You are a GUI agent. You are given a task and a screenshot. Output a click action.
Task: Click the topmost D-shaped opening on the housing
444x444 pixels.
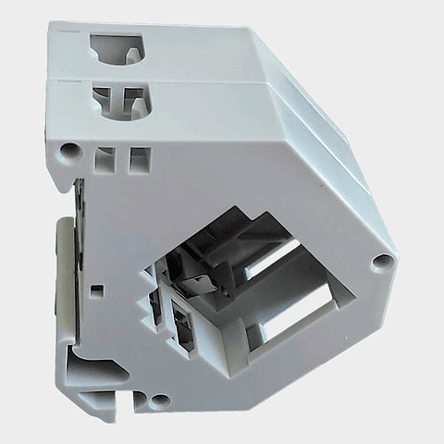[116, 47]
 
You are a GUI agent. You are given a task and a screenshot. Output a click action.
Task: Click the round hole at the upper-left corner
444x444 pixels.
[68, 149]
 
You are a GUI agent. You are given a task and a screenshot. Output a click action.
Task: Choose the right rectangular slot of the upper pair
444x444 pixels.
[139, 159]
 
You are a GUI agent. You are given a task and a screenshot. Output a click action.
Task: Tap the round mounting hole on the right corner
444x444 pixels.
[379, 262]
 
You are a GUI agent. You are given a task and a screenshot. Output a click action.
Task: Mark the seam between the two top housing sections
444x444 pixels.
[148, 80]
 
